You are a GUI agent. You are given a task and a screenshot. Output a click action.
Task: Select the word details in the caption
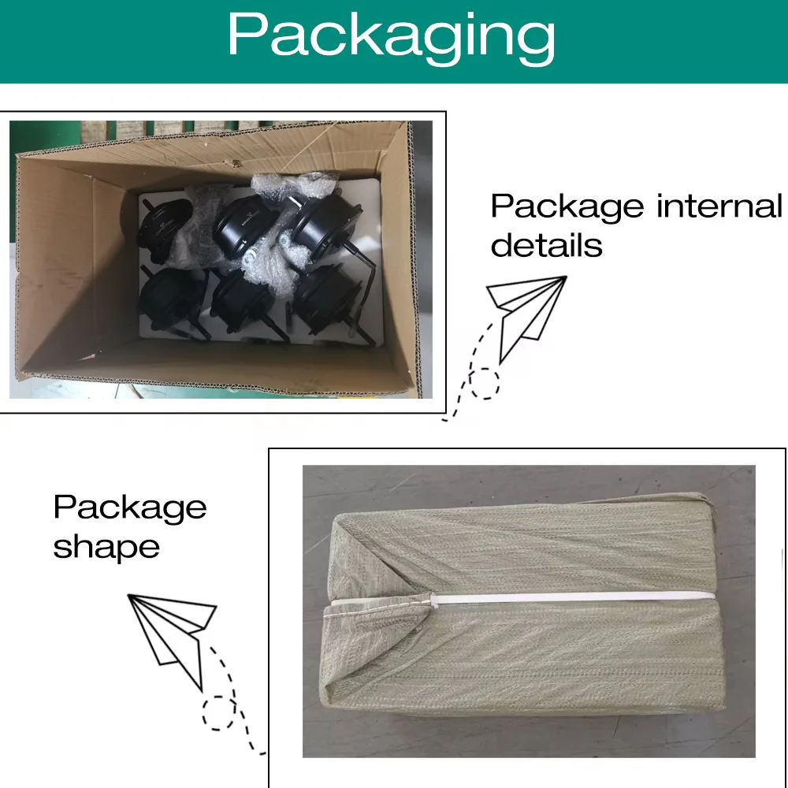coord(546,245)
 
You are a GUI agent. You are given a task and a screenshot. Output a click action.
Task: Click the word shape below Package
coord(106,547)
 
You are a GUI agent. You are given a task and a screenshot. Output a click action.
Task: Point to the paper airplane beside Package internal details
coord(526,311)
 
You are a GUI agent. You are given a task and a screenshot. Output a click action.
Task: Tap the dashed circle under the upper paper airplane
coord(484,383)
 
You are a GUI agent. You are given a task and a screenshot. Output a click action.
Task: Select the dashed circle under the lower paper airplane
coord(218,713)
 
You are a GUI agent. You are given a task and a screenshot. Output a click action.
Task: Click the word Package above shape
coord(130,507)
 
